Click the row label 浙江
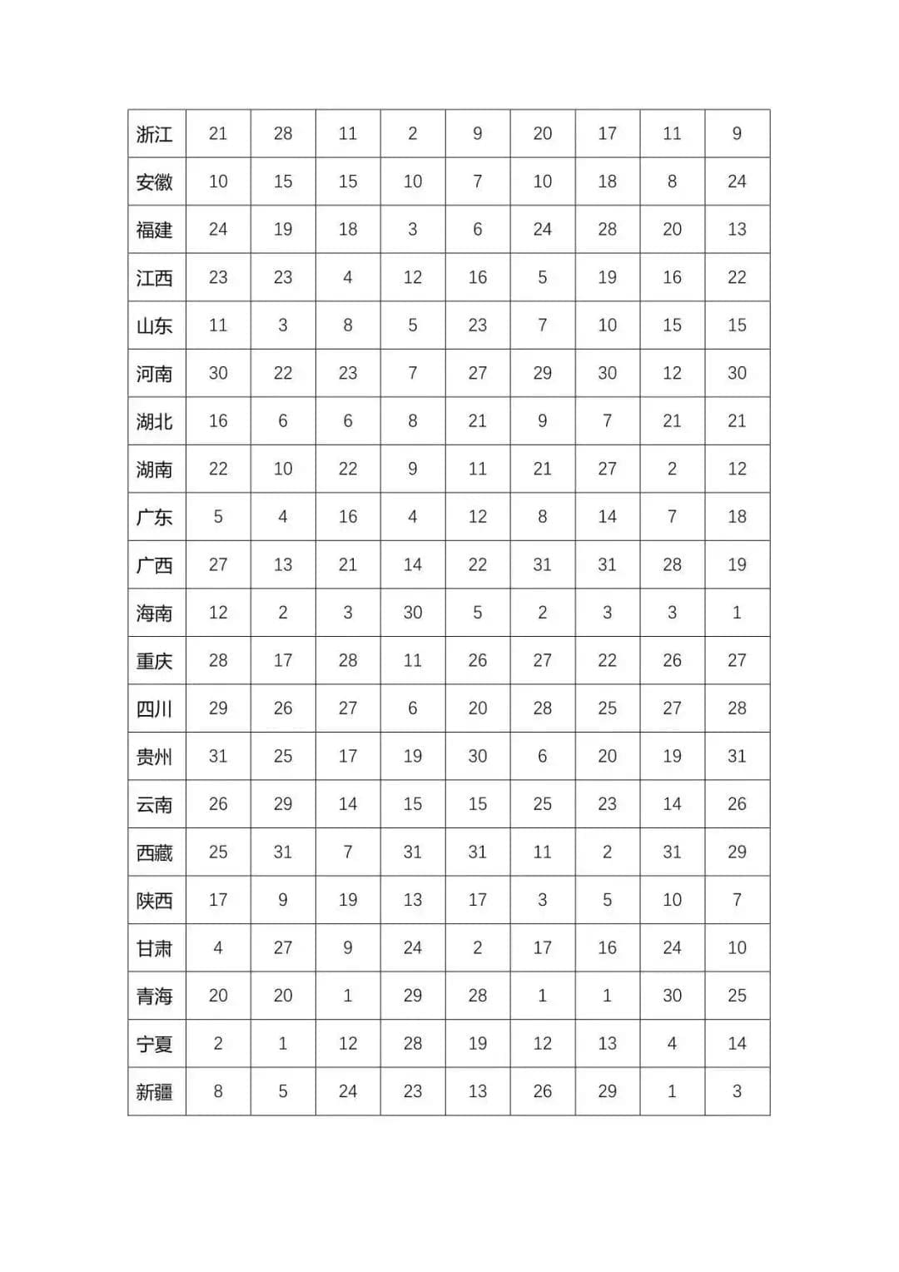[x=155, y=134]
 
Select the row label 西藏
[x=155, y=852]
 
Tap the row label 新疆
[x=155, y=1091]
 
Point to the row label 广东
[x=155, y=517]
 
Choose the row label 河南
[x=155, y=374]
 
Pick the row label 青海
[x=155, y=996]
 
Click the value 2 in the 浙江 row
[x=413, y=133]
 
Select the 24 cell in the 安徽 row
[x=737, y=181]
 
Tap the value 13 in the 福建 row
[x=737, y=229]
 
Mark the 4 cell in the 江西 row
[x=348, y=277]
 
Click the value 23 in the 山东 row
[x=478, y=325]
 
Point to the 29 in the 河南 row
[x=543, y=373]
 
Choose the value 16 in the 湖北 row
[x=218, y=420]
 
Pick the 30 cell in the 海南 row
[x=413, y=612]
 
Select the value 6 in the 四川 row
[x=413, y=708]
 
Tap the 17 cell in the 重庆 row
[x=283, y=660]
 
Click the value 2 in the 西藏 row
[x=608, y=852]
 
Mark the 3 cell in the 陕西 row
[x=543, y=899]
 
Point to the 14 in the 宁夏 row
[x=737, y=1043]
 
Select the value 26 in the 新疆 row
[x=543, y=1091]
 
